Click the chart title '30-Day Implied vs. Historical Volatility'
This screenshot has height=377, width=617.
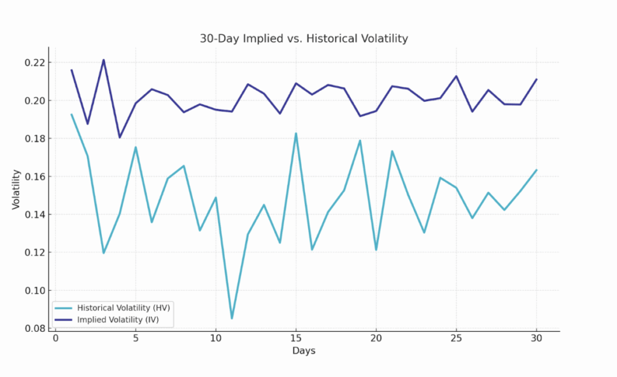tap(304, 39)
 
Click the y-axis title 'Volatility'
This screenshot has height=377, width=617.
tap(16, 190)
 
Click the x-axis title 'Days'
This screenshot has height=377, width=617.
tap(304, 351)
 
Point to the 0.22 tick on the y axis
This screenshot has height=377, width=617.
tap(34, 63)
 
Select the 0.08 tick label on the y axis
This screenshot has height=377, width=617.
tap(34, 328)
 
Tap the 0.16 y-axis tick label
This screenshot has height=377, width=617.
tap(34, 176)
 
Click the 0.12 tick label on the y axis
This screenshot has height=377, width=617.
tap(34, 252)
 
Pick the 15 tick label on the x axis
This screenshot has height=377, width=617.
tap(296, 338)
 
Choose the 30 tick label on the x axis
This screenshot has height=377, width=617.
tap(536, 338)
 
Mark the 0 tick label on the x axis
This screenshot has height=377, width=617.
tap(55, 338)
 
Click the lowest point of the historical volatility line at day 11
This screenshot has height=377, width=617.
tap(231, 318)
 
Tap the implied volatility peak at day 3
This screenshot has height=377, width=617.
tap(104, 60)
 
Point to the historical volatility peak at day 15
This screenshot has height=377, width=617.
tap(296, 134)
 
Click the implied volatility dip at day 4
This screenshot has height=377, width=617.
tap(119, 137)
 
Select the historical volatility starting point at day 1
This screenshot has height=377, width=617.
tap(72, 114)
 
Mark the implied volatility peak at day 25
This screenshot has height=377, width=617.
tap(456, 76)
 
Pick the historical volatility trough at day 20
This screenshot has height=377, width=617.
tap(376, 249)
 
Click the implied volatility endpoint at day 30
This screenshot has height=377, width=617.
tap(536, 79)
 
